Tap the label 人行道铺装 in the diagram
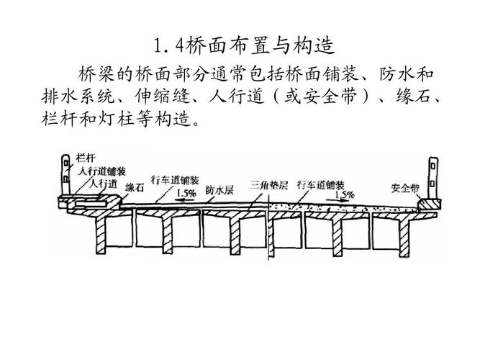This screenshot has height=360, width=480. click(x=102, y=172)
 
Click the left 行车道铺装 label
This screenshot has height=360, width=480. click(x=175, y=180)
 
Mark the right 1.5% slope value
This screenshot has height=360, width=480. click(x=344, y=194)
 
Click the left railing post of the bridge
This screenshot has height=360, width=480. click(x=66, y=176)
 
